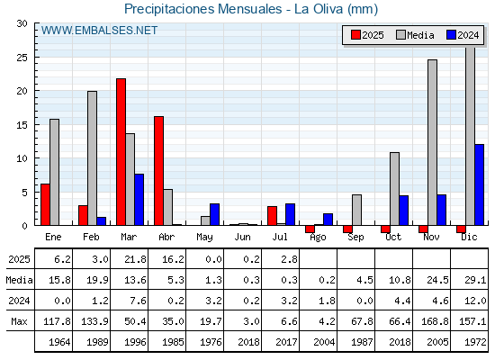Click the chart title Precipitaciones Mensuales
(203, 9)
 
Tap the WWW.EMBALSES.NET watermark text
(99, 31)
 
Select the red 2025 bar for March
(121, 152)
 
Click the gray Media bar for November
(432, 142)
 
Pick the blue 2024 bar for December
(479, 184)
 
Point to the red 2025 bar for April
(158, 171)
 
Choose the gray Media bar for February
(92, 158)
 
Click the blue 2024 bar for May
(215, 214)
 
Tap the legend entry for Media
(415, 35)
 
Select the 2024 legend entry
(463, 35)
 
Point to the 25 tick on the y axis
(22, 58)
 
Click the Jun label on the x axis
(242, 238)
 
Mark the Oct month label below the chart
(393, 238)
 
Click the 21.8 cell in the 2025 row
(135, 259)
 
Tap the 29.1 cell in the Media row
(475, 280)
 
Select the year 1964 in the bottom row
(59, 342)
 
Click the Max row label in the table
(19, 321)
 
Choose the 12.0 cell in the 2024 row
(475, 301)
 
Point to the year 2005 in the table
(437, 342)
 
